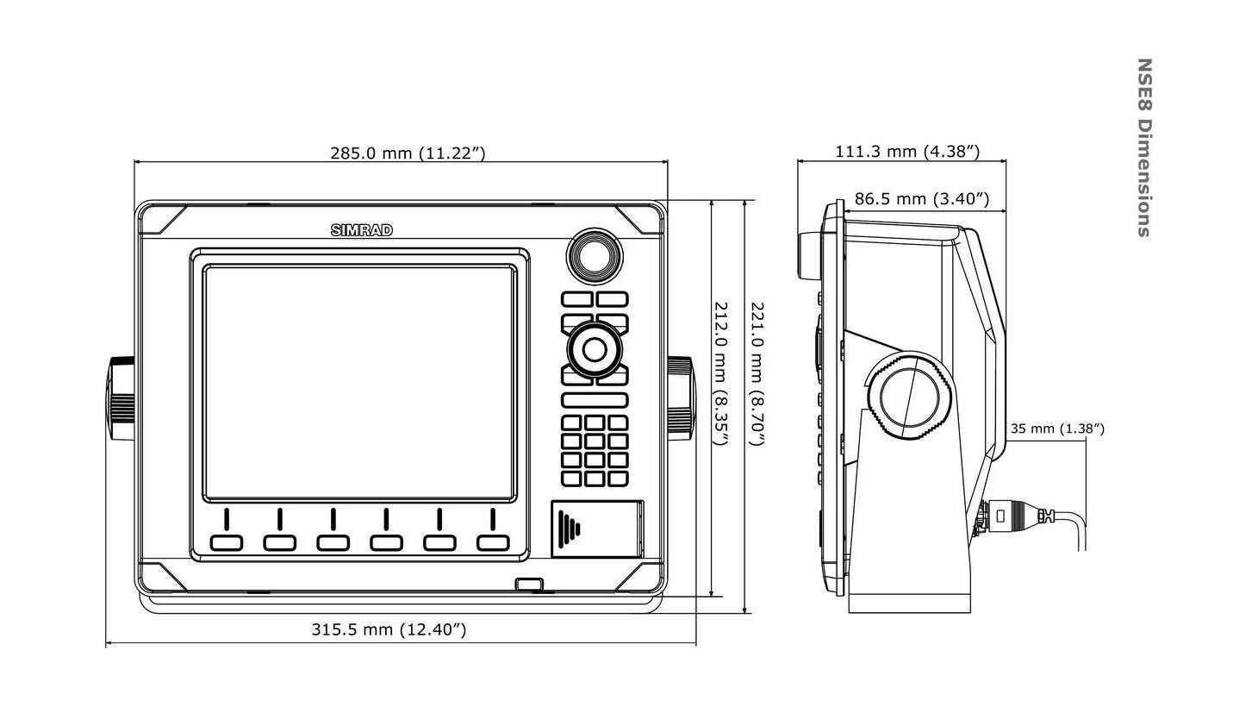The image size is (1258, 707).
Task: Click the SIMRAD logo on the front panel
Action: tap(362, 230)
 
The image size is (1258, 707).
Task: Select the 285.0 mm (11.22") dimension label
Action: tap(408, 153)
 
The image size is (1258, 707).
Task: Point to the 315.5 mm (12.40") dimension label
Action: tap(389, 629)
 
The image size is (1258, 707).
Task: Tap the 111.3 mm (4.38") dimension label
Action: tap(907, 152)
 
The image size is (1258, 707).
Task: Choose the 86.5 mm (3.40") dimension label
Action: tap(921, 199)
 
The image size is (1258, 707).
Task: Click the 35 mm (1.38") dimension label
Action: tap(1057, 428)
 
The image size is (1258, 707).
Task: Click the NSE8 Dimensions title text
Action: tap(1144, 147)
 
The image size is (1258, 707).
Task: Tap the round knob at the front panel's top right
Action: tap(593, 255)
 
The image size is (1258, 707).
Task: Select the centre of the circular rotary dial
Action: tap(594, 349)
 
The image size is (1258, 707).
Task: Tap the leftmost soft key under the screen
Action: tap(226, 542)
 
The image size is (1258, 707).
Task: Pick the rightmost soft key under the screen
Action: tap(493, 542)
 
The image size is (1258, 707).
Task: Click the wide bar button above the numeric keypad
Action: tap(594, 400)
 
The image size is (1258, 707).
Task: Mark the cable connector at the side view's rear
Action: tap(1017, 516)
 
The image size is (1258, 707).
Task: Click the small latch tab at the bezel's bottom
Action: tap(529, 585)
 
